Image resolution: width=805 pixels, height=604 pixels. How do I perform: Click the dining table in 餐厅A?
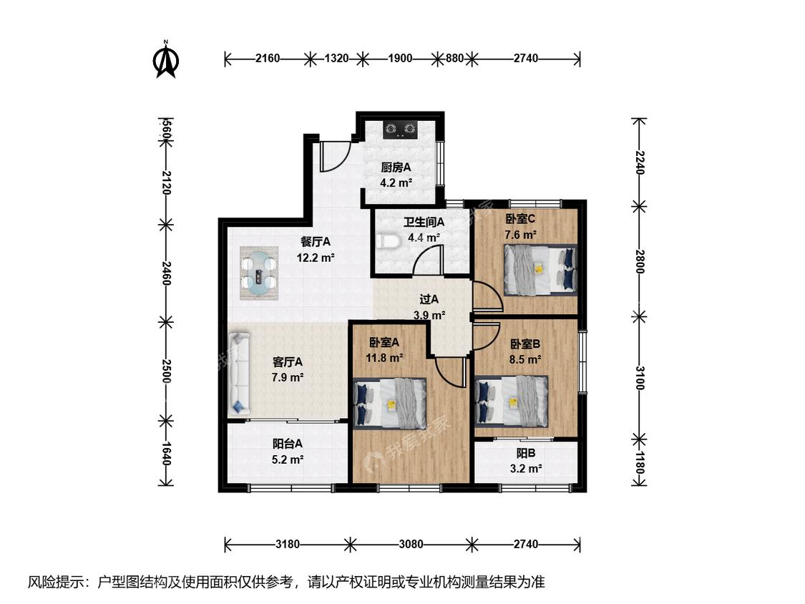click(x=259, y=273)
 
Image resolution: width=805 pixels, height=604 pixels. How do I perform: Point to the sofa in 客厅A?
click(x=239, y=374)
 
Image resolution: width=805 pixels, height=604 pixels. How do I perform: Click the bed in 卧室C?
click(x=540, y=270)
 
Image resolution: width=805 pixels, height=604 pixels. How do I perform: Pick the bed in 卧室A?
click(x=390, y=404)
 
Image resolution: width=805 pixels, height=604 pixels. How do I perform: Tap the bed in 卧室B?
click(x=512, y=401)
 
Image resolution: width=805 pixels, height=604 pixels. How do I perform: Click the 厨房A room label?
click(x=396, y=167)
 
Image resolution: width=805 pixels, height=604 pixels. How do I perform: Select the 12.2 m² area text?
click(x=316, y=258)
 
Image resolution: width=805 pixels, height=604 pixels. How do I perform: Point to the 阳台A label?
click(x=288, y=443)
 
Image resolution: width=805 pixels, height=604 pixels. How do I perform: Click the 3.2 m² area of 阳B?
click(x=526, y=469)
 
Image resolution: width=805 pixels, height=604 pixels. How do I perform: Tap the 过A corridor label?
click(x=429, y=299)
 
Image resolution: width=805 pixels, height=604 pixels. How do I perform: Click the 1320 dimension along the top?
click(x=337, y=59)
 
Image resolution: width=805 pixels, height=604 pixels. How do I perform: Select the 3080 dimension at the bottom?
click(x=411, y=544)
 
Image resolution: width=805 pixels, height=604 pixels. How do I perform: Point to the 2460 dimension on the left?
click(x=166, y=273)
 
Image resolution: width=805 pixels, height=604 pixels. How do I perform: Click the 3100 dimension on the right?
click(x=639, y=378)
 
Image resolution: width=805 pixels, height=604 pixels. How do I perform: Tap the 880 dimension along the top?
click(x=454, y=59)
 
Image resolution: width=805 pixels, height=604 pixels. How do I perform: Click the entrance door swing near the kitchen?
click(x=335, y=155)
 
